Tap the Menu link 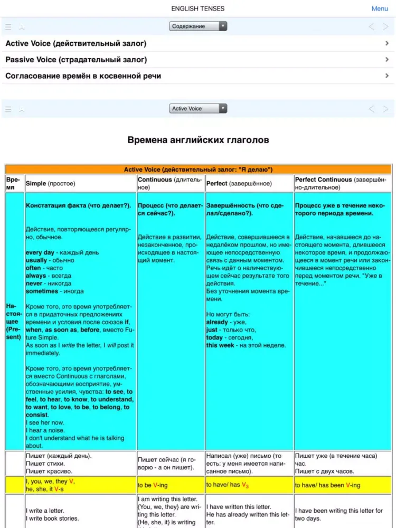(379, 8)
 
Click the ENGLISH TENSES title (198, 8)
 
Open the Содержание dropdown (198, 26)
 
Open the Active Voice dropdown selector (198, 108)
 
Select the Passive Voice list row (76, 60)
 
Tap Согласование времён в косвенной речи (83, 76)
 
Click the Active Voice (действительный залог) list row (76, 43)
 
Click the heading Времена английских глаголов (198, 140)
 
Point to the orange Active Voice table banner (198, 169)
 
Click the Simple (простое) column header (51, 184)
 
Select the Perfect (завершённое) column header (239, 184)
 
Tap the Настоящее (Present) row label (14, 321)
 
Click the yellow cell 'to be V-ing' (153, 485)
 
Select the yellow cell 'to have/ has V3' (227, 485)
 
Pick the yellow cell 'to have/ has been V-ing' (327, 485)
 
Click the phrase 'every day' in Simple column (40, 252)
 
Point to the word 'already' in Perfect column (217, 322)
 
